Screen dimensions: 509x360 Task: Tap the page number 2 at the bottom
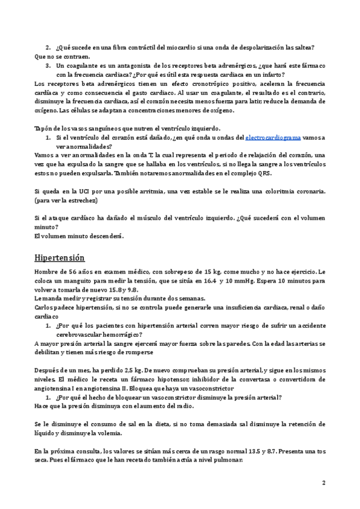[x=324, y=483]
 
